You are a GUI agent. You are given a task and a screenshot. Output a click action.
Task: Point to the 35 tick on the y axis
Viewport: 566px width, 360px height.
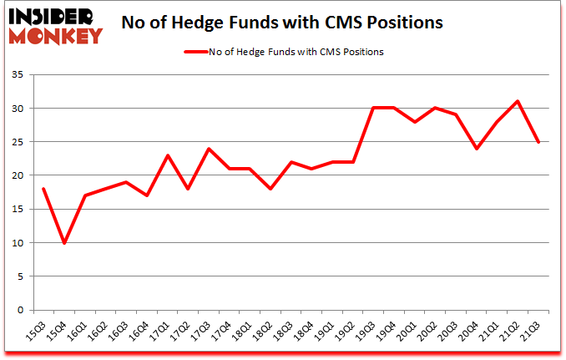pyautogui.click(x=20, y=75)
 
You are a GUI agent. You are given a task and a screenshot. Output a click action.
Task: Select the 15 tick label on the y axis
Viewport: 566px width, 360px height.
pyautogui.click(x=20, y=210)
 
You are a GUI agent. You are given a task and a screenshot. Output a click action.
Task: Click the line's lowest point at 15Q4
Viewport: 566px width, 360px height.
pyautogui.click(x=63, y=243)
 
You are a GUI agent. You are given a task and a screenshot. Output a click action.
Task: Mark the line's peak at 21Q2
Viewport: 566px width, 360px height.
pyautogui.click(x=518, y=101)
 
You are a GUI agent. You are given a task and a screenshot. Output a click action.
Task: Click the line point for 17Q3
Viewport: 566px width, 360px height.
pyautogui.click(x=208, y=149)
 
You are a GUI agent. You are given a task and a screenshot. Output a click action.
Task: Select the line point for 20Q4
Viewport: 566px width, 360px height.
pyautogui.click(x=477, y=149)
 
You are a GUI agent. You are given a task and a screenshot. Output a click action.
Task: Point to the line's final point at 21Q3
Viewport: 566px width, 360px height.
pyautogui.click(x=538, y=142)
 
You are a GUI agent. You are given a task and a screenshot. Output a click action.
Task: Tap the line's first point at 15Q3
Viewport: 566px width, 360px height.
pyautogui.click(x=43, y=189)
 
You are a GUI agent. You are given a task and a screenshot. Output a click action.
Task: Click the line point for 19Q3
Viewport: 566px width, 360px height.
pyautogui.click(x=373, y=108)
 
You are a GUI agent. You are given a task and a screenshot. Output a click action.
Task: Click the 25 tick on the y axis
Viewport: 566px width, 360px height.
pyautogui.click(x=20, y=142)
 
